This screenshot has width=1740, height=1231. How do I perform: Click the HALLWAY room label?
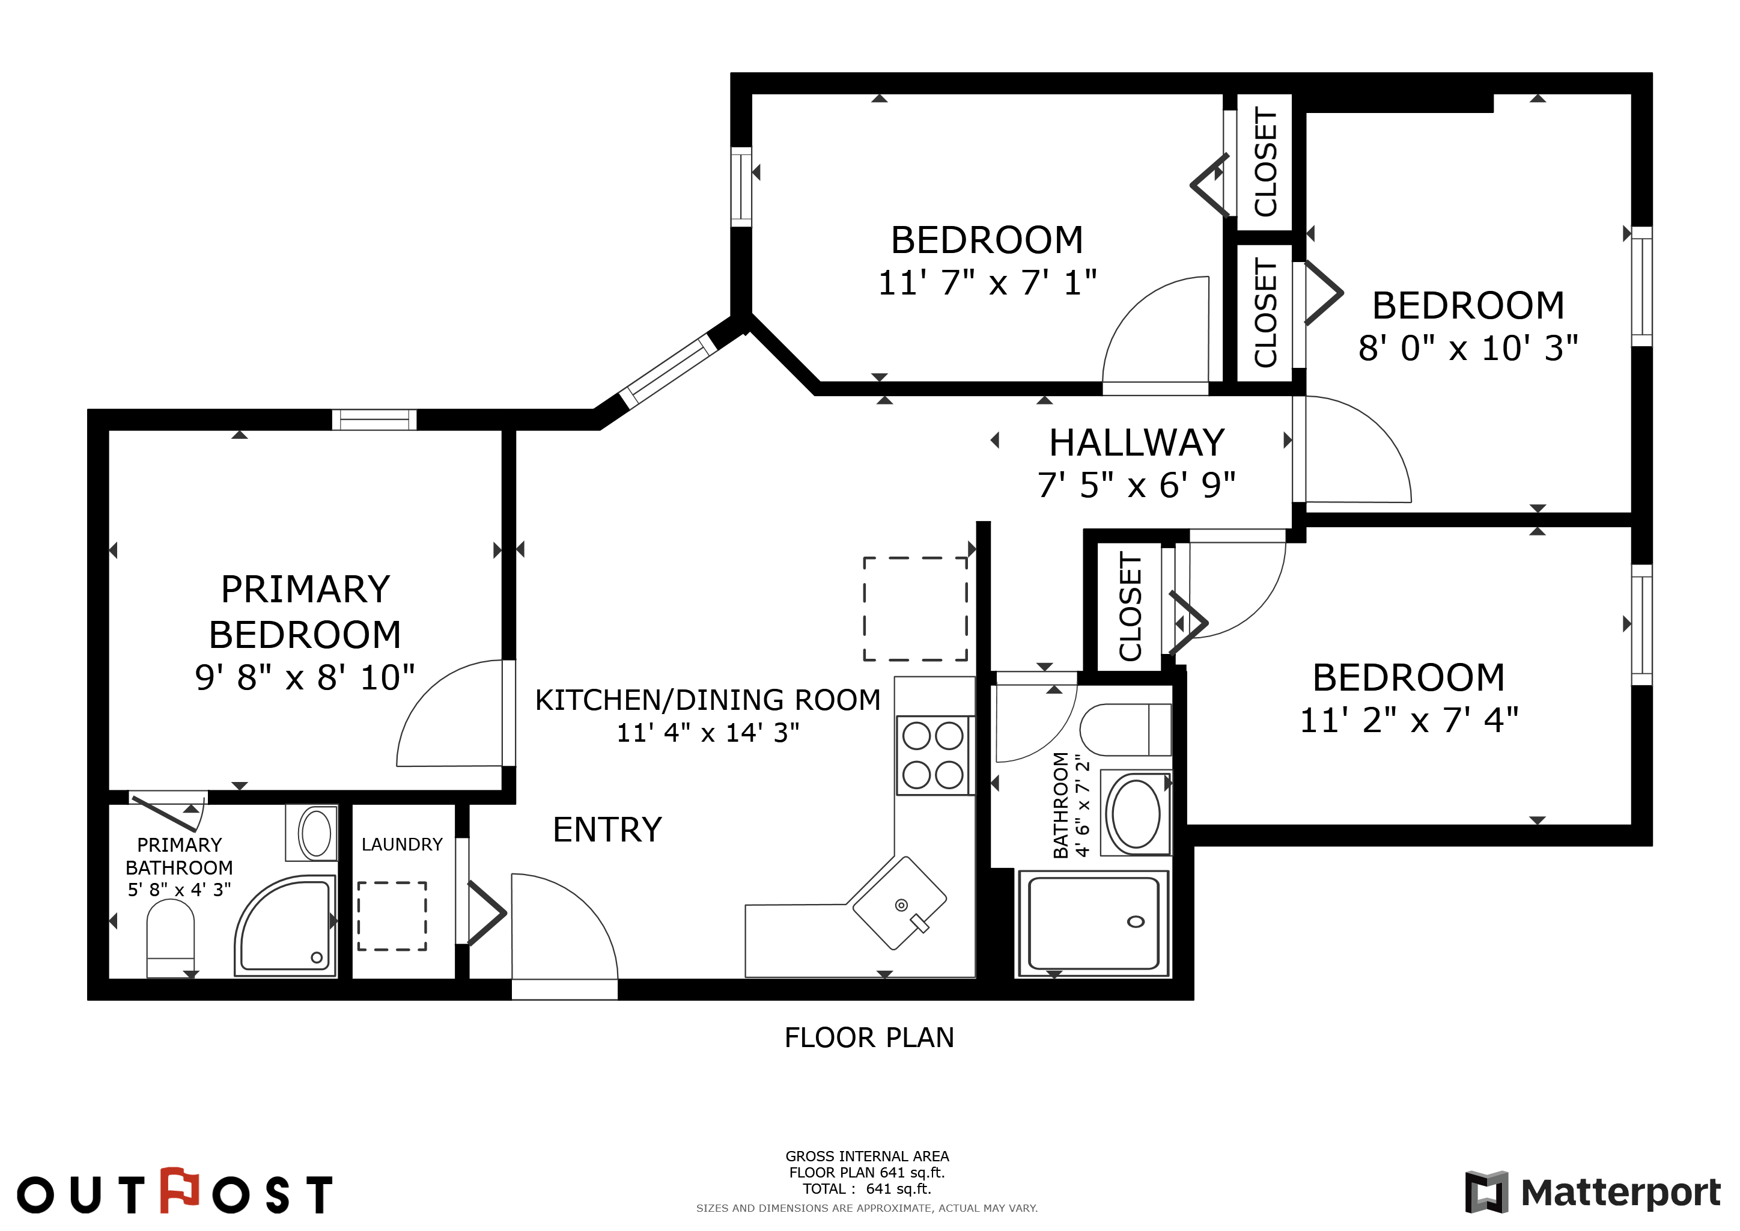[1136, 442]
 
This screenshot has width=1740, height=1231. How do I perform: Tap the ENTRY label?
[607, 829]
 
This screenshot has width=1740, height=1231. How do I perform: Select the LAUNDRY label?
[402, 845]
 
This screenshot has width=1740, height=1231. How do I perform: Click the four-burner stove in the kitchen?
[933, 755]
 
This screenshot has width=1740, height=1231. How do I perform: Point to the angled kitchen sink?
[899, 903]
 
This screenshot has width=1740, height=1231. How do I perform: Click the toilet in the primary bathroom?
[171, 938]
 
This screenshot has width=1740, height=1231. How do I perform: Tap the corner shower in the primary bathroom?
[285, 926]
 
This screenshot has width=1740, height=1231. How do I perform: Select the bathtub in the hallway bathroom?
[1093, 923]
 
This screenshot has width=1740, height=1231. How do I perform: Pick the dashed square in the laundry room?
[392, 915]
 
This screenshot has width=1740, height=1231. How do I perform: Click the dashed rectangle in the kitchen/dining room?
[916, 609]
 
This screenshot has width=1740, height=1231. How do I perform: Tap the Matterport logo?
[1593, 1193]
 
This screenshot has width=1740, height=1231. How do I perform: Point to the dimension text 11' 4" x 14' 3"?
[708, 733]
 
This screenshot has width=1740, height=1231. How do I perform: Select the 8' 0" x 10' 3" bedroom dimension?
[1468, 348]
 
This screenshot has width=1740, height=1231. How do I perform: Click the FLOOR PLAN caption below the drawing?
[869, 1037]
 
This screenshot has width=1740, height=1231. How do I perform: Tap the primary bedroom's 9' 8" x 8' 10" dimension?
[305, 677]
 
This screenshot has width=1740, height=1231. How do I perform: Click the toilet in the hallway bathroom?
[1125, 729]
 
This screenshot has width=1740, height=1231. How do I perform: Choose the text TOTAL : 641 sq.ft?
[867, 1188]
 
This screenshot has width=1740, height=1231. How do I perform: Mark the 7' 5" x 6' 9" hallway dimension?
[1136, 485]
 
